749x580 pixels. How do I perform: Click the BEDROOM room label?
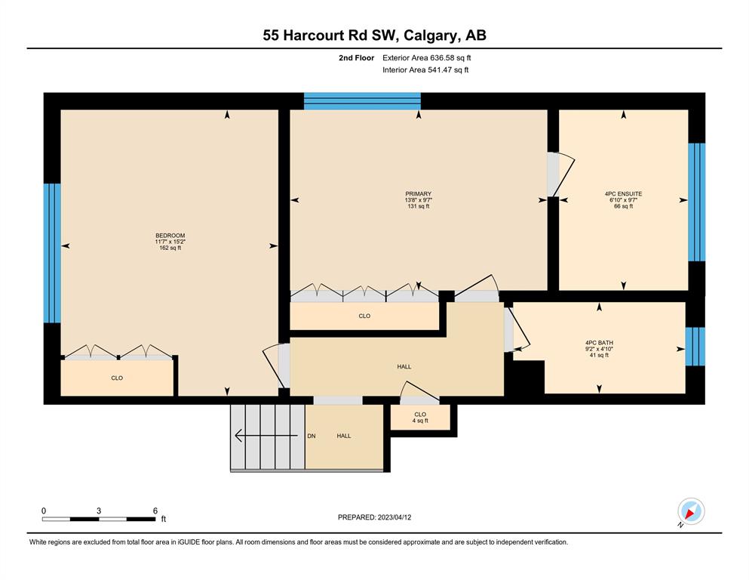pyautogui.click(x=170, y=236)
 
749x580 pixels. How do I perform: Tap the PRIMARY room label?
pyautogui.click(x=418, y=193)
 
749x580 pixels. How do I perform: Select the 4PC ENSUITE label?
pyautogui.click(x=623, y=193)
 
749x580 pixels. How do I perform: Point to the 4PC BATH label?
pyautogui.click(x=599, y=342)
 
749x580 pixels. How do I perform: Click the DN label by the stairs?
pyautogui.click(x=312, y=436)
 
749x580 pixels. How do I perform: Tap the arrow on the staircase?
pyautogui.click(x=266, y=436)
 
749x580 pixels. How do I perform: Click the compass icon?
pyautogui.click(x=691, y=511)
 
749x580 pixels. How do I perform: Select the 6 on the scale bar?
pyautogui.click(x=155, y=511)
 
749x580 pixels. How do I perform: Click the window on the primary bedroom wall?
pyautogui.click(x=362, y=101)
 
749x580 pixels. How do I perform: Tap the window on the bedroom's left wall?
pyautogui.click(x=52, y=253)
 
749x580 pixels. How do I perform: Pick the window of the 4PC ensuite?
pyautogui.click(x=696, y=202)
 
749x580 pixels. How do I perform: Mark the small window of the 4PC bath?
pyautogui.click(x=695, y=346)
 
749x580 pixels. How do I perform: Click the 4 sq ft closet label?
pyautogui.click(x=420, y=418)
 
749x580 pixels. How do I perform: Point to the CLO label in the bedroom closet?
pyautogui.click(x=117, y=378)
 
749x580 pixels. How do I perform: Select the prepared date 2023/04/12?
pyautogui.click(x=394, y=517)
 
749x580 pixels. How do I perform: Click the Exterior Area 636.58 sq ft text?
pyautogui.click(x=427, y=58)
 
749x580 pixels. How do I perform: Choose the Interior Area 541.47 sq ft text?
pyautogui.click(x=425, y=69)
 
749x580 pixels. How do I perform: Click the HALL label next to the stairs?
pyautogui.click(x=344, y=436)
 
